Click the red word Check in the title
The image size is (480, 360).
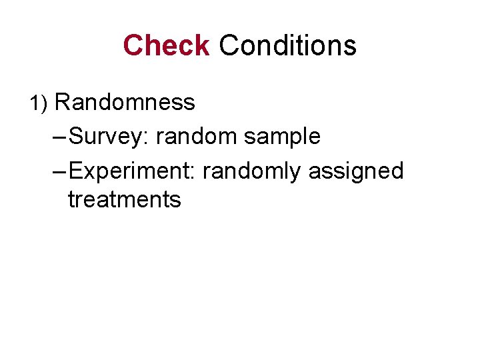click(x=166, y=45)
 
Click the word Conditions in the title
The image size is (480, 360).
click(x=287, y=45)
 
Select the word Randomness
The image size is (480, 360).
click(x=125, y=102)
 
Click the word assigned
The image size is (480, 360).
click(x=356, y=171)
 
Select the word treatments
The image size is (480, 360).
click(x=124, y=199)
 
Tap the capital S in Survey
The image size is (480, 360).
click(x=75, y=137)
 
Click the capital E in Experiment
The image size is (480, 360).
click(x=75, y=171)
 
